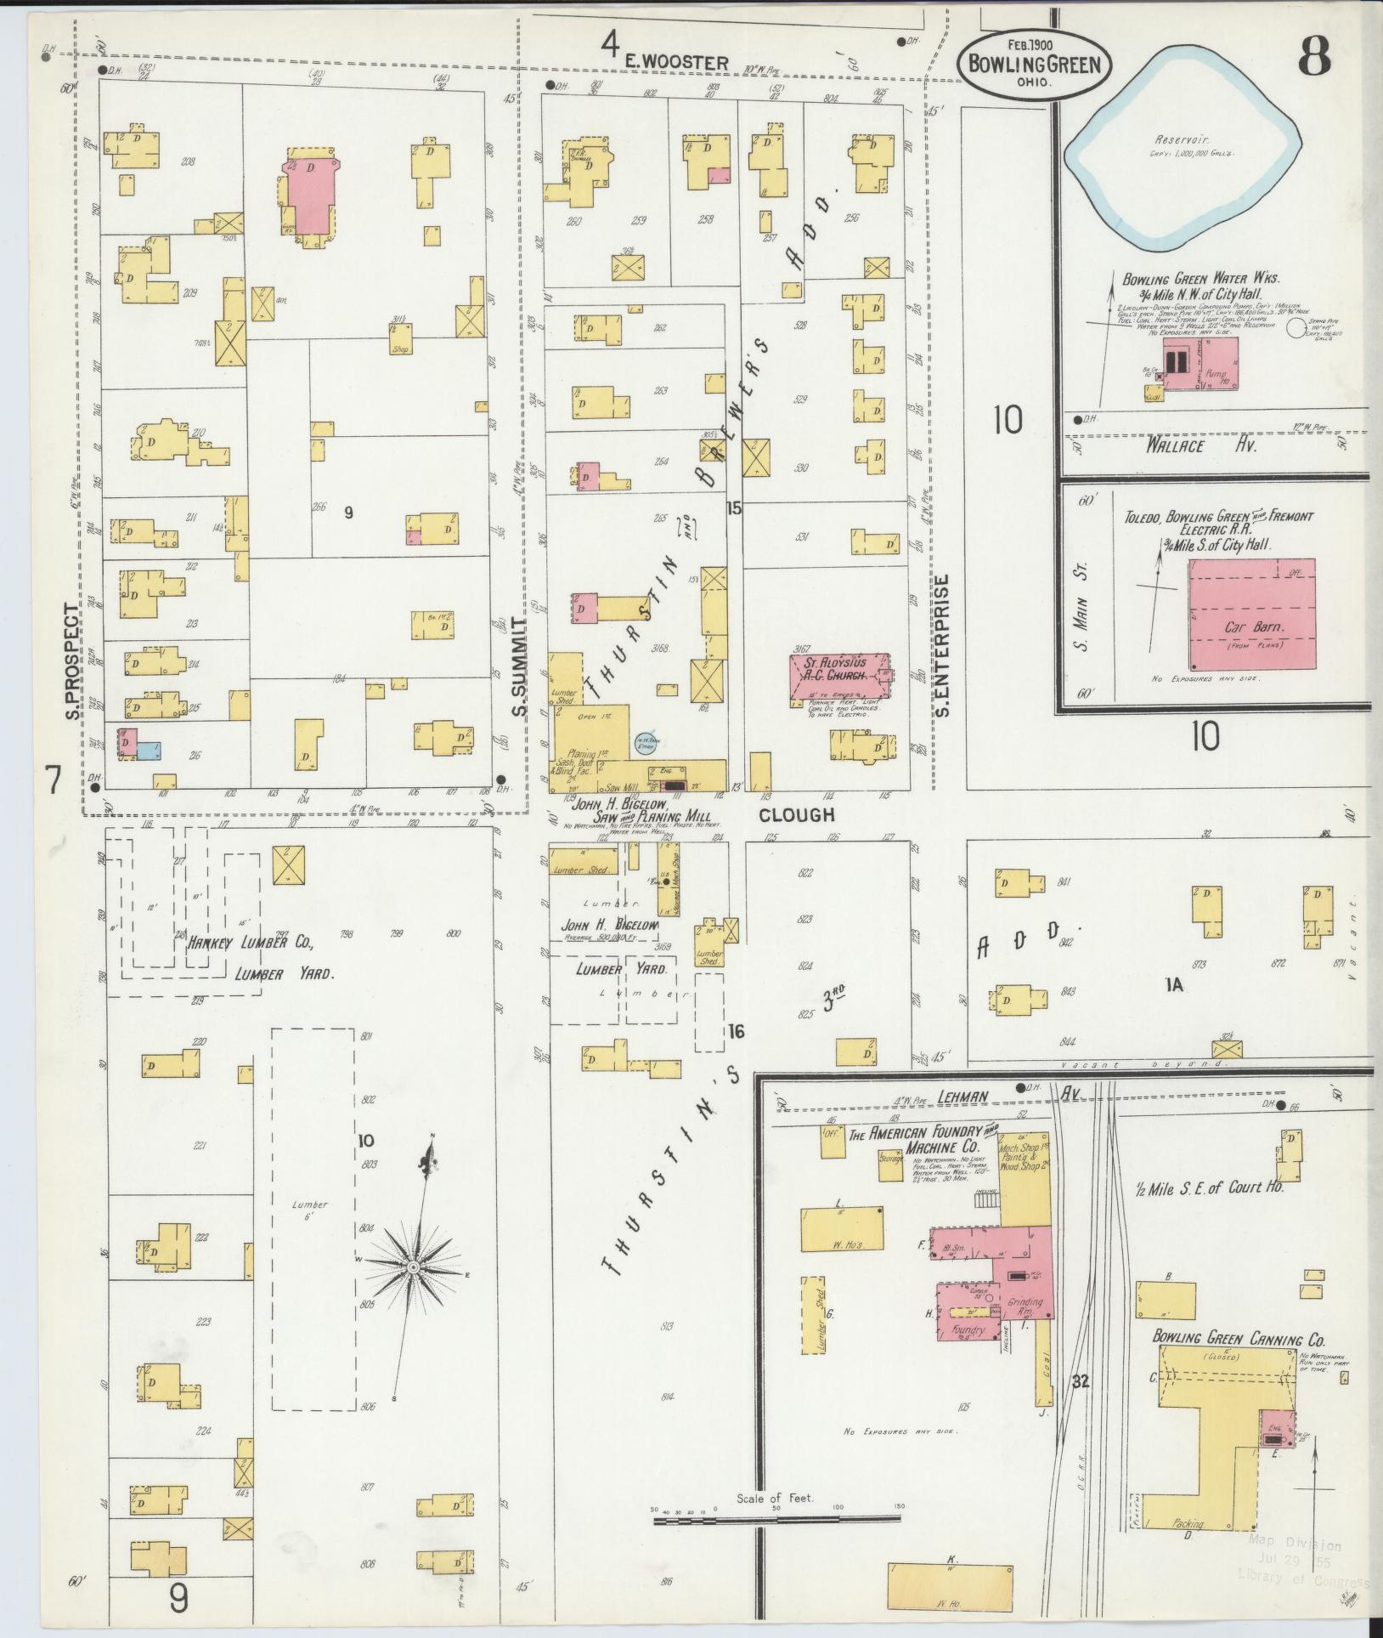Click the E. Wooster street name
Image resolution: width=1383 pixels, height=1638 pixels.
tap(677, 62)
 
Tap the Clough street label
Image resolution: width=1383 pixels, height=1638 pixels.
tap(796, 815)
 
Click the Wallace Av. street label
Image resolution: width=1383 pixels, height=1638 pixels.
tap(1176, 445)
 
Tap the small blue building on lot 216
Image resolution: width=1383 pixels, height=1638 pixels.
tap(149, 751)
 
